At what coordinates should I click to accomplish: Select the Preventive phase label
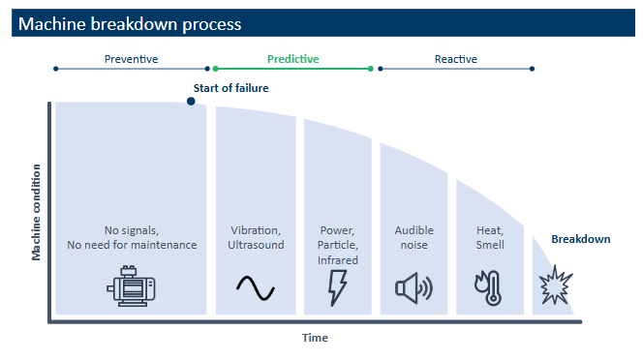tap(131, 59)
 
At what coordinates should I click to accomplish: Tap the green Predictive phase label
tap(292, 59)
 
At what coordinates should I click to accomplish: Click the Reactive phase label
tap(455, 59)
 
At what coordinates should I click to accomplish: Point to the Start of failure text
tap(231, 88)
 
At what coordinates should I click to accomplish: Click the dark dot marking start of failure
tap(191, 101)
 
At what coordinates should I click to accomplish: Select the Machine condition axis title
tap(37, 212)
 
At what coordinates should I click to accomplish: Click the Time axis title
tap(314, 338)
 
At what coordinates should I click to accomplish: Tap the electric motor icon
tap(131, 286)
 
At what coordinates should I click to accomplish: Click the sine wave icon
tap(256, 287)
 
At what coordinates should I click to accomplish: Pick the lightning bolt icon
tap(338, 287)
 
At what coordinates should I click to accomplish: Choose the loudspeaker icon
tap(413, 287)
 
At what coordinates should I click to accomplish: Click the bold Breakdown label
tap(581, 239)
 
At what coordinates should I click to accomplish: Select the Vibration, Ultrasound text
tap(256, 237)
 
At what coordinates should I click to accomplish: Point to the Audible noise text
tap(413, 237)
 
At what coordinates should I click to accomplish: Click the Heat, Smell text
tap(489, 237)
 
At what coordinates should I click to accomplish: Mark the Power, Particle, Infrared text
tap(338, 245)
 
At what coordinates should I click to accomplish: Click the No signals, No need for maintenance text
tap(131, 237)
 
